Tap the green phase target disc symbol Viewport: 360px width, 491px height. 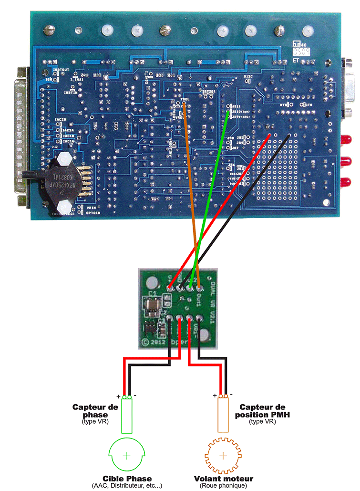click(x=127, y=456)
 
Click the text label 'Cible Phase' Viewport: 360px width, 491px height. click(x=127, y=479)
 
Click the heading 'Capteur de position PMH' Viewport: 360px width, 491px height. click(x=264, y=411)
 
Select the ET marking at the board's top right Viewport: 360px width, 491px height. click(x=297, y=61)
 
